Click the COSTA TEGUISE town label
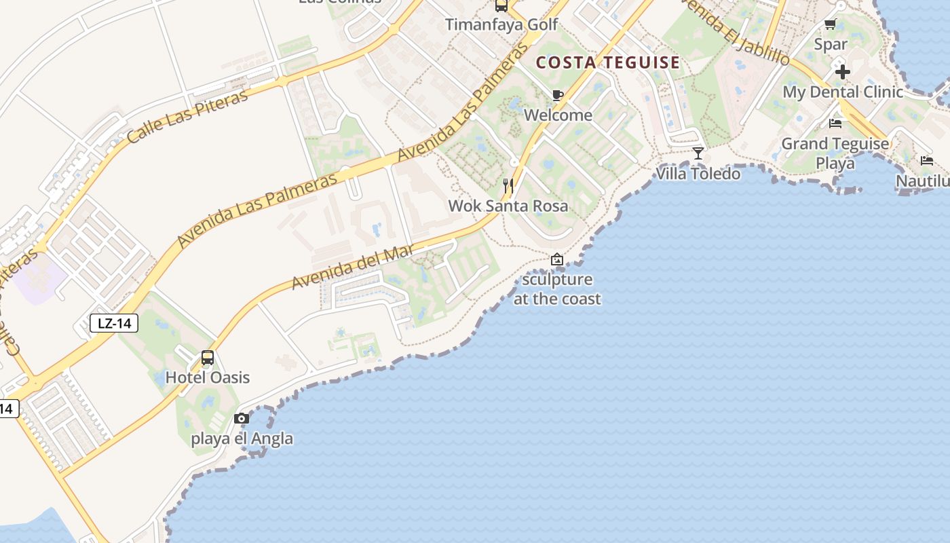pos(607,62)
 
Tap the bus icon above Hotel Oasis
pos(208,358)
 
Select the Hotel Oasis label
pos(208,377)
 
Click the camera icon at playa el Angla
pos(242,418)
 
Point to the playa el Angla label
pos(242,438)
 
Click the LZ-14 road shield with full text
pos(114,323)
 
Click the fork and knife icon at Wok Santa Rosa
pos(508,185)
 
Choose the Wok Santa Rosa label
pos(508,206)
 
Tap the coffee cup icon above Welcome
pos(558,95)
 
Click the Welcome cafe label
pos(558,115)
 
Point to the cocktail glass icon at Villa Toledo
pos(698,153)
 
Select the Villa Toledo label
pos(698,174)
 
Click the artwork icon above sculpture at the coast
pos(557,259)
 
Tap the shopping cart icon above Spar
pos(830,24)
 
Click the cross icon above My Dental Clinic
pos(843,71)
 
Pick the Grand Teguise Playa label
pos(835,153)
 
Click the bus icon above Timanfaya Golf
pos(501,6)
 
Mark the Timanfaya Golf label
pos(501,25)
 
